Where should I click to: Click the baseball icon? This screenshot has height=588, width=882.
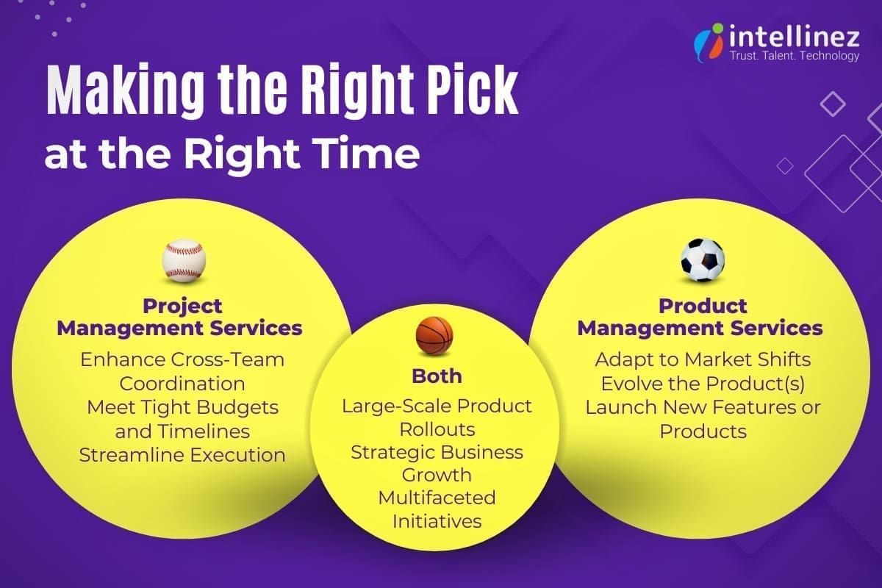click(184, 260)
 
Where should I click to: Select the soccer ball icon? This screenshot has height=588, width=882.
click(702, 259)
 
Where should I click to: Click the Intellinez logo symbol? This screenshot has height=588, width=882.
click(708, 43)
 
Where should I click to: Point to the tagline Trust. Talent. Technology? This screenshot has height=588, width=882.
click(793, 56)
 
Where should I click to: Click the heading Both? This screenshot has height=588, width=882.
click(437, 376)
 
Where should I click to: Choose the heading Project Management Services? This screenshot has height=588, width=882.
click(180, 317)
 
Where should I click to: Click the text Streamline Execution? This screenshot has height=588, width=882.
click(182, 454)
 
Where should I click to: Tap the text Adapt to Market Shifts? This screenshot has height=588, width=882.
click(703, 359)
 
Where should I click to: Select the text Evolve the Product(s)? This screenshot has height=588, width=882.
click(703, 383)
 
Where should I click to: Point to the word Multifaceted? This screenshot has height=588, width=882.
click(437, 498)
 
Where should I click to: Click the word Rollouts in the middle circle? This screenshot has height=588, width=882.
click(437, 429)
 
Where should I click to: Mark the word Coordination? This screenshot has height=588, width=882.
click(182, 384)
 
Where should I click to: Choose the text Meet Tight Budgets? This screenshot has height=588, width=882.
click(182, 406)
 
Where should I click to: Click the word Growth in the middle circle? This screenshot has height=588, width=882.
click(437, 474)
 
